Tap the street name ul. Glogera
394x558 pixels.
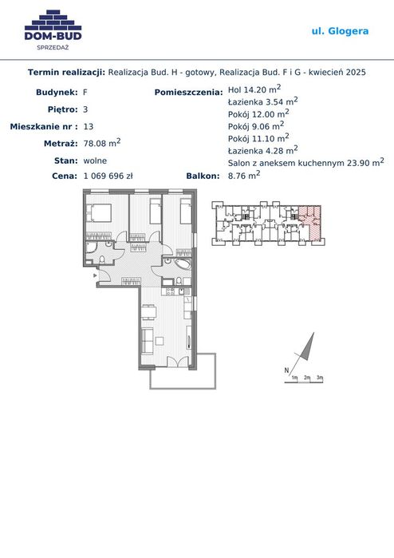coord(340,31)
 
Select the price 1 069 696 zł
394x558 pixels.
coord(108,176)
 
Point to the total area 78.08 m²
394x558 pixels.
coord(102,143)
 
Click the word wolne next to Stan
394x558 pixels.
coord(95,160)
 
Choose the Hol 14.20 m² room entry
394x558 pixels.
coord(254,89)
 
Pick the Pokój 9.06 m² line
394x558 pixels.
coord(256,125)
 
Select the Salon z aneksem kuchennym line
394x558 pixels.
coord(305,162)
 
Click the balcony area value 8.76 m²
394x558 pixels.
coord(244,175)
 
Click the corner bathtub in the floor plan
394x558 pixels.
coord(182,263)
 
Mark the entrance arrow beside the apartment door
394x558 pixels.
coord(95,275)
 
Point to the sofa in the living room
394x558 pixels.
coord(148,341)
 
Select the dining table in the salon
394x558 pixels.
coord(148,312)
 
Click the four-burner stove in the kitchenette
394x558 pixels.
coord(170,291)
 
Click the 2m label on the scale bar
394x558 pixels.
coord(307,378)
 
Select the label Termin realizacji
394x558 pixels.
coord(66,72)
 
